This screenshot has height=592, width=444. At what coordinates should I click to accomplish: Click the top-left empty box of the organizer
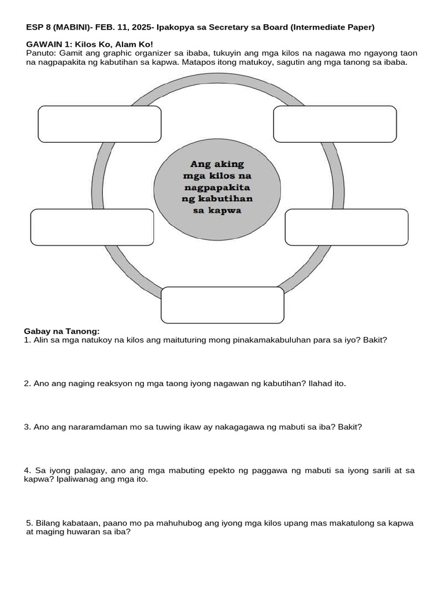click(99, 124)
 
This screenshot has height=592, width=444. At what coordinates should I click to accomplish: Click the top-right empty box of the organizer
click(335, 124)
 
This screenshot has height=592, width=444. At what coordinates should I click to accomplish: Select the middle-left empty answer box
click(92, 227)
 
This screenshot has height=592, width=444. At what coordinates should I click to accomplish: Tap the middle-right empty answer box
click(347, 227)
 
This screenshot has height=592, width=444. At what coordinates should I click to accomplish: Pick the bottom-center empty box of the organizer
click(223, 305)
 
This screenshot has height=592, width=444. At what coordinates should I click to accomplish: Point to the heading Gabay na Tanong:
click(62, 331)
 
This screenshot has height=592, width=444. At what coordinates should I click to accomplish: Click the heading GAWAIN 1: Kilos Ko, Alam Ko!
click(90, 44)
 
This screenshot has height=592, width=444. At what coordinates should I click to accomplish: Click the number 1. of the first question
click(27, 341)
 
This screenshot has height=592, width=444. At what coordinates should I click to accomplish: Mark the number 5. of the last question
click(30, 523)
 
